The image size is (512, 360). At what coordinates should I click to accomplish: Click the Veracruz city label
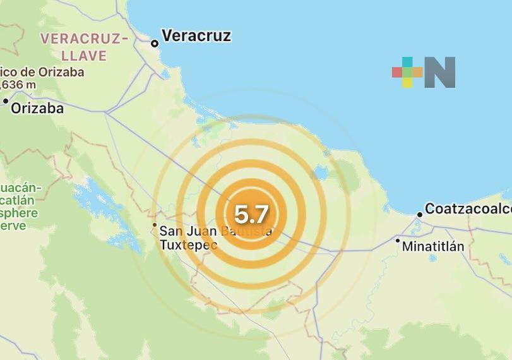pyautogui.click(x=196, y=36)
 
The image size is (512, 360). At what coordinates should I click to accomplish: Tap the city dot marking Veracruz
pyautogui.click(x=155, y=44)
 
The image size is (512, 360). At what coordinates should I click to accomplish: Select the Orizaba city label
pyautogui.click(x=37, y=108)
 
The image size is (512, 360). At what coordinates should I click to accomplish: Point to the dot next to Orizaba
pyautogui.click(x=6, y=101)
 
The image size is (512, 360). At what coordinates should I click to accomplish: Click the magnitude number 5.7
pyautogui.click(x=251, y=215)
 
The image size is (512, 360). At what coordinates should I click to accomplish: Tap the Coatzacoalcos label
pyautogui.click(x=468, y=209)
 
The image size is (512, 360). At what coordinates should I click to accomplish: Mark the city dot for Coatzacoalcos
pyautogui.click(x=419, y=215)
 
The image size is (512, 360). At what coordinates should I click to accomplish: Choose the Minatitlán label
pyautogui.click(x=433, y=246)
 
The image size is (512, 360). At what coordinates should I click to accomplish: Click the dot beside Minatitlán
pyautogui.click(x=398, y=240)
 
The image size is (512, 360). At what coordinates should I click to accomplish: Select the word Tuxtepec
pyautogui.click(x=189, y=244)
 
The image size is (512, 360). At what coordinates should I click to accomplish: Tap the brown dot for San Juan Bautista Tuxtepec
pyautogui.click(x=154, y=225)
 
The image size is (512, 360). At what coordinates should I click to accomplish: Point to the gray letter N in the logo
pyautogui.click(x=440, y=73)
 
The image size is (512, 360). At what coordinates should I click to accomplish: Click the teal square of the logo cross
pyautogui.click(x=407, y=62)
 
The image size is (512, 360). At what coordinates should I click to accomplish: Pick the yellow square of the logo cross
pyautogui.click(x=407, y=82)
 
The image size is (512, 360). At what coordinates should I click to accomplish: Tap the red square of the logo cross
pyautogui.click(x=397, y=72)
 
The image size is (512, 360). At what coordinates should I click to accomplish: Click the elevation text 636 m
pyautogui.click(x=19, y=85)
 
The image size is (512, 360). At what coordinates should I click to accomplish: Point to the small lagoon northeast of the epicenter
pyautogui.click(x=319, y=172)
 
